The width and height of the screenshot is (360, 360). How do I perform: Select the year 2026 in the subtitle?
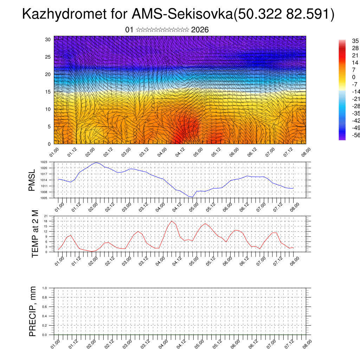coord(200,30)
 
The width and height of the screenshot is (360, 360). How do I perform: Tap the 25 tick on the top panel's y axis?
coord(48,57)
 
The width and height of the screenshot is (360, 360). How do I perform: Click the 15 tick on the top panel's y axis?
coord(48,92)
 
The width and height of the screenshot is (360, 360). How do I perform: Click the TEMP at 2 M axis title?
coord(35,233)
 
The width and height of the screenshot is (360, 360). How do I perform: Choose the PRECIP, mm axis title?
coord(33,311)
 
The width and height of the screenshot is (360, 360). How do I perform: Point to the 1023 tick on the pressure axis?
coord(44,162)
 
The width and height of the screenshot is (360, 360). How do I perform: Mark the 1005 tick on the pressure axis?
coord(44,198)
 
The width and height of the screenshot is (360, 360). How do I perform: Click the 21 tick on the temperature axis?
coord(46,216)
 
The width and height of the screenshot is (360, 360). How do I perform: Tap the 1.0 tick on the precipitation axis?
coord(44,288)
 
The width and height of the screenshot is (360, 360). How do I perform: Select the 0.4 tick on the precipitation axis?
coord(44,316)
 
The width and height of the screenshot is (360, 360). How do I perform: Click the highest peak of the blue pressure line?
coord(96,162)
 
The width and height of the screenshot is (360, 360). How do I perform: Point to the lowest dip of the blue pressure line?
coord(192,197)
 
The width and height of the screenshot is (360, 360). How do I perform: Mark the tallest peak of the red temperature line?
coord(171,221)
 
